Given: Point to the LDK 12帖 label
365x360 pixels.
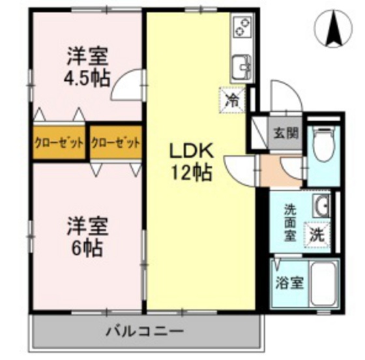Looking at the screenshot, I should pyautogui.click(x=190, y=163).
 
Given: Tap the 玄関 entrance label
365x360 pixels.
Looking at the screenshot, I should pyautogui.click(x=286, y=134).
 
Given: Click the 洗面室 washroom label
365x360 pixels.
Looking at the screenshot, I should pyautogui.click(x=290, y=222).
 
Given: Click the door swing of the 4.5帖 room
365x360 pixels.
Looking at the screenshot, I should pyautogui.click(x=127, y=85).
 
